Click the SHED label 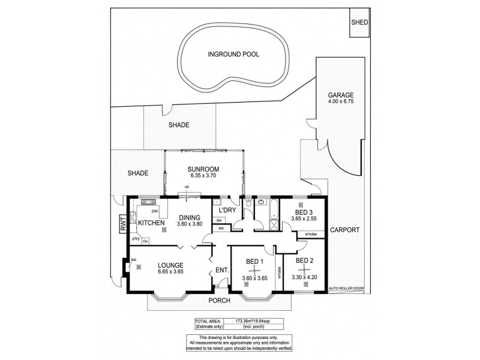tap(360, 22)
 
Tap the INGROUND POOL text tap(233, 54)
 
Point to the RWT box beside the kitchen tap(124, 224)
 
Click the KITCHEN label tap(152, 223)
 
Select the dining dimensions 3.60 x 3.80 tap(190, 224)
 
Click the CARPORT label tap(344, 230)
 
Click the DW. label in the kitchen tap(154, 211)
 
